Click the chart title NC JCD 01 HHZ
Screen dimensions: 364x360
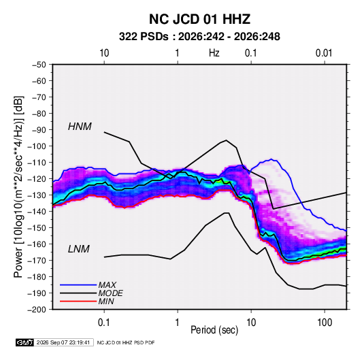coord(199,19)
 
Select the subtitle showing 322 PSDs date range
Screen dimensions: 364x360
coord(199,37)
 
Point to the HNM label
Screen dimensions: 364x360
coord(80,127)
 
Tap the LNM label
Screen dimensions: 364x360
coord(78,249)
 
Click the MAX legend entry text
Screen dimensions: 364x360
coord(107,285)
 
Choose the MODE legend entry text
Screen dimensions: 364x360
coord(110,293)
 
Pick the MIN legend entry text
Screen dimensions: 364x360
coord(106,301)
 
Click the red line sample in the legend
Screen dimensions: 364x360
coord(78,301)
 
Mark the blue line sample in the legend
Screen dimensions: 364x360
coord(78,285)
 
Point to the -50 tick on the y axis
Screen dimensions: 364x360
coord(39,65)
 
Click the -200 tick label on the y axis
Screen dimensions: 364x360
coord(37,310)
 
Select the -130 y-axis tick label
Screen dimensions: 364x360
coord(37,195)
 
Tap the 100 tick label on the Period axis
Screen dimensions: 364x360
coord(325,323)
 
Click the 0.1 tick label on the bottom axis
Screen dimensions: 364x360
coord(104,323)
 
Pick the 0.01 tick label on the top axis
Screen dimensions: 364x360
coord(324,53)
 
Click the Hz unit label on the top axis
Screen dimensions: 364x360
coord(214,53)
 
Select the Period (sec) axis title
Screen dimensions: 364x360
coord(214,330)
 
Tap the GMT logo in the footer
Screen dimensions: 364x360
coord(24,342)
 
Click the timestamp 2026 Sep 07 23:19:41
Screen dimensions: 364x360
coord(63,342)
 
